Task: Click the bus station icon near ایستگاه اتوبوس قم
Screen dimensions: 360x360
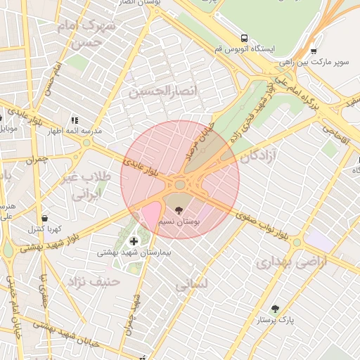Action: click(x=244, y=38)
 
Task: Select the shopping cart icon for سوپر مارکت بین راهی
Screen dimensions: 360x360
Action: click(x=313, y=51)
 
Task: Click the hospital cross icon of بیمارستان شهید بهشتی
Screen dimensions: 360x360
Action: click(x=134, y=241)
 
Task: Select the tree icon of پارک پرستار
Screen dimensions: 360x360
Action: click(x=275, y=309)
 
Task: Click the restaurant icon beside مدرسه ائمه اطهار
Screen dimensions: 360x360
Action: click(x=74, y=120)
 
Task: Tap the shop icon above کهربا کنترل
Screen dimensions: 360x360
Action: click(x=45, y=218)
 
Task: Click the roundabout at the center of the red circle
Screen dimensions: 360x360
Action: click(x=180, y=185)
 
